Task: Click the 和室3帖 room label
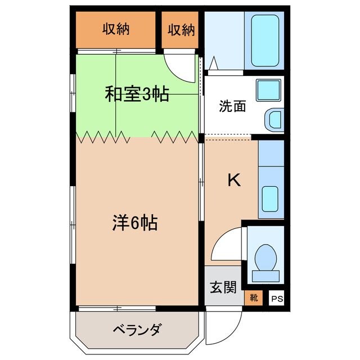[137, 94]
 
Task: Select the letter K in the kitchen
[233, 180]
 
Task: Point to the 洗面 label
[232, 106]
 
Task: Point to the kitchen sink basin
[271, 197]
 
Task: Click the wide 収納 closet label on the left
[116, 30]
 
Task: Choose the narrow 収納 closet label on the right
[181, 30]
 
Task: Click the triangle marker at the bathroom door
[214, 64]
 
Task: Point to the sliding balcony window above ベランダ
[117, 308]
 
